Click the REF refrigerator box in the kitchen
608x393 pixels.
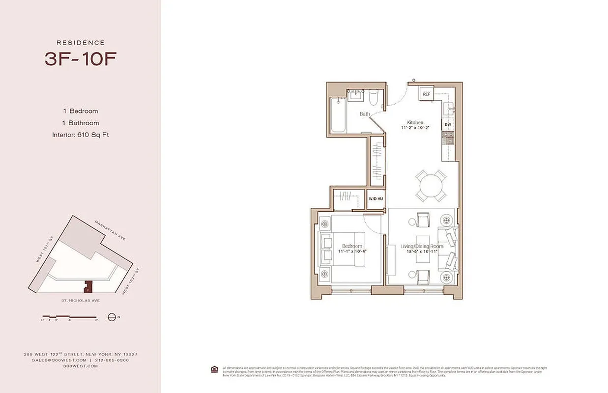(x=426, y=94)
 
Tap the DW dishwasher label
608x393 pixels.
(x=448, y=124)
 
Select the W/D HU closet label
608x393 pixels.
(x=376, y=199)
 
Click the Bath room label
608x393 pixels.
(x=364, y=114)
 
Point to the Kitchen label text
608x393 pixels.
(x=415, y=122)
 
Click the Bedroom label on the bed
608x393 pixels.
(x=352, y=246)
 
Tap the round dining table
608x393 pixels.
(x=431, y=186)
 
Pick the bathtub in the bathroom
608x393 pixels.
(x=338, y=114)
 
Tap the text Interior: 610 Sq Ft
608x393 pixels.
(x=80, y=135)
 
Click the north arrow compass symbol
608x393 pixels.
(x=112, y=317)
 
